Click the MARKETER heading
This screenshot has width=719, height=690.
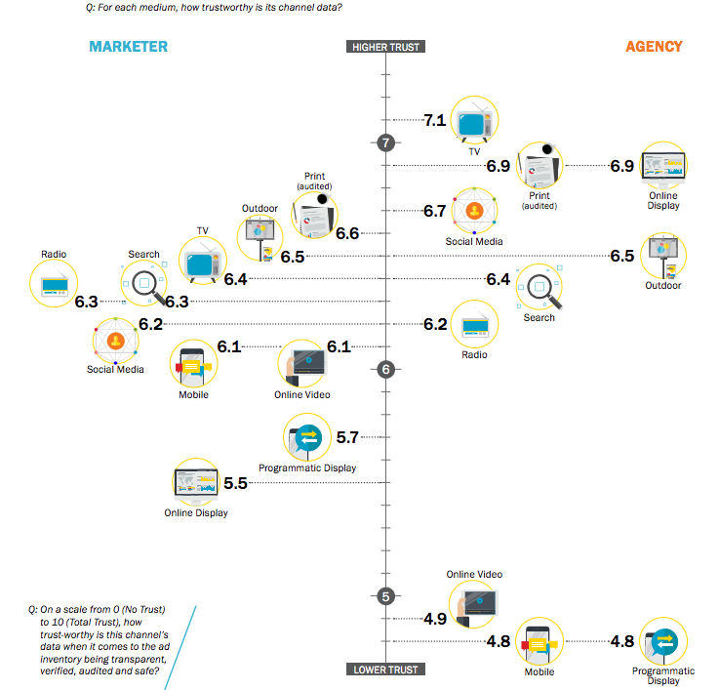[x=128, y=47]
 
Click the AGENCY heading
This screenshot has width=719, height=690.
[x=654, y=47]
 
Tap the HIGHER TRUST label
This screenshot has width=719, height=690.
[x=386, y=47]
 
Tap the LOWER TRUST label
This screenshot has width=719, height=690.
[x=386, y=670]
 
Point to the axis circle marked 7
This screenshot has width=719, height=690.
[x=386, y=142]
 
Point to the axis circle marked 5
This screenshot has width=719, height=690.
[x=386, y=596]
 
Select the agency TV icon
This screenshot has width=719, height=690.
[x=474, y=121]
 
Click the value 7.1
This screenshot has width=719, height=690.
[x=434, y=121]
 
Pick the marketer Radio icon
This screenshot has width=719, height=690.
[x=54, y=285]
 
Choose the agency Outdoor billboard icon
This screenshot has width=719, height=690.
[x=663, y=256]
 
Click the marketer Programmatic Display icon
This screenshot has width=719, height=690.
[x=308, y=438]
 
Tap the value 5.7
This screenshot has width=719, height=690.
[x=347, y=438]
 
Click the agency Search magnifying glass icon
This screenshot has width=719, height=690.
[x=539, y=288]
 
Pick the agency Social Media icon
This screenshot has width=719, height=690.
[x=474, y=211]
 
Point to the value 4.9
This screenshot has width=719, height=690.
[x=434, y=619]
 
